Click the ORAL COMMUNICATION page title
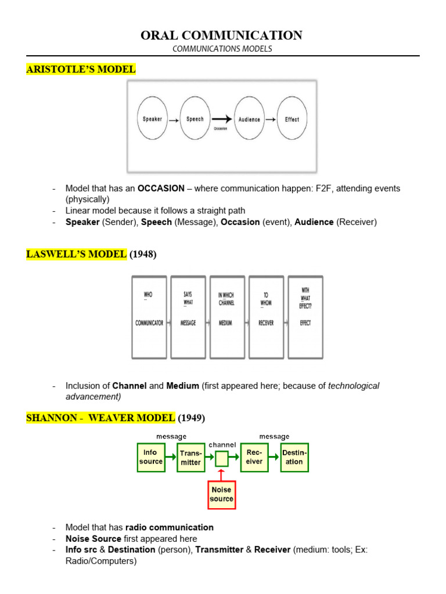point(221,35)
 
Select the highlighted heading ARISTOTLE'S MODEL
point(81,70)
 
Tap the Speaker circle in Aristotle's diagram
point(153,119)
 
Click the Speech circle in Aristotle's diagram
point(195,119)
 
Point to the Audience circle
point(249,119)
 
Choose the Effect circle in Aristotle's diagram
point(292,119)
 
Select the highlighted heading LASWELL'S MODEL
point(76,255)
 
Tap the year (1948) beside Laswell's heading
point(143,255)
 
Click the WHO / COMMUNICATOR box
point(149,316)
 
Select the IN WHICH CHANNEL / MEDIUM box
point(227,316)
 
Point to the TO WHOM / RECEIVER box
point(266,316)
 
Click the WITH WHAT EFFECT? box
point(305,316)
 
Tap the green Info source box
point(151,457)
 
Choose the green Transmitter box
point(191,458)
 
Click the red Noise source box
point(222,494)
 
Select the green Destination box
point(294,457)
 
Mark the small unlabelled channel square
point(222,459)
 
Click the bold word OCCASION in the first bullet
point(161,189)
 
